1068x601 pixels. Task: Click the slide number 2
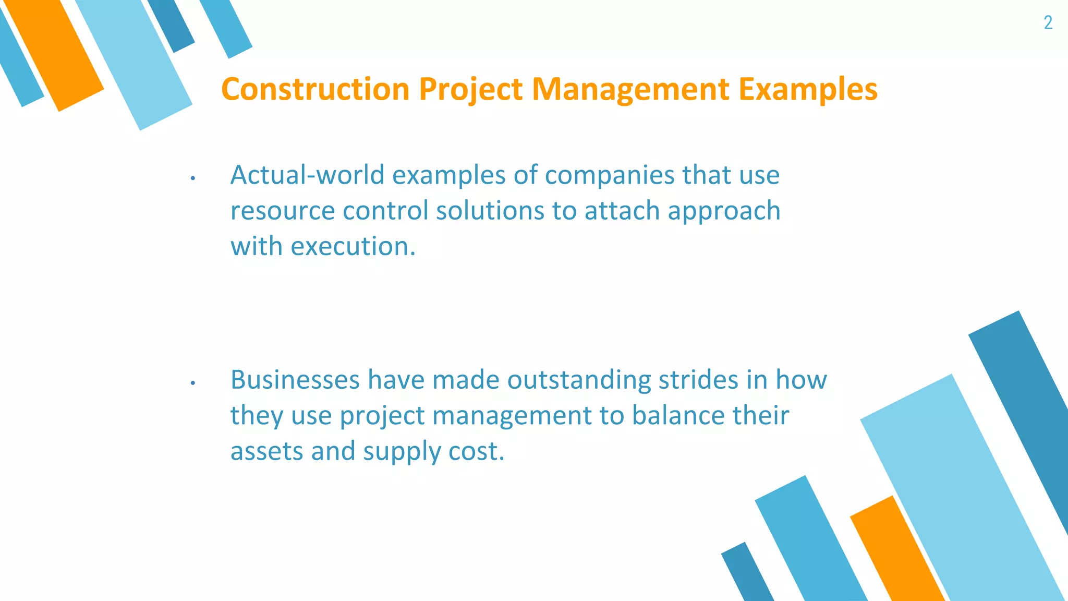(1048, 23)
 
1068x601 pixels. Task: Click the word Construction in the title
(315, 89)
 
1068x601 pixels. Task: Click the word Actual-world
(307, 175)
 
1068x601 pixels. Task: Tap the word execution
(353, 246)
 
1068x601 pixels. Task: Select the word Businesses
(295, 380)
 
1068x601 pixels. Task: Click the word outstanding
(579, 380)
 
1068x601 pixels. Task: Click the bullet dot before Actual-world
(192, 178)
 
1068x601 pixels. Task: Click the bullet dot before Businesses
(192, 383)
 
